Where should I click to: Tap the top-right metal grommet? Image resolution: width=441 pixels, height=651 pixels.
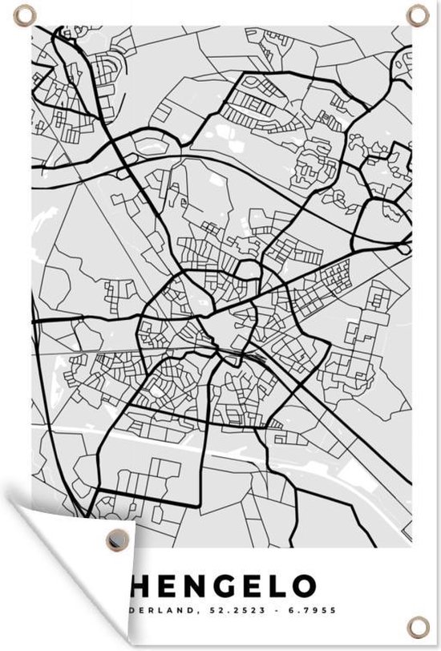click(417, 14)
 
